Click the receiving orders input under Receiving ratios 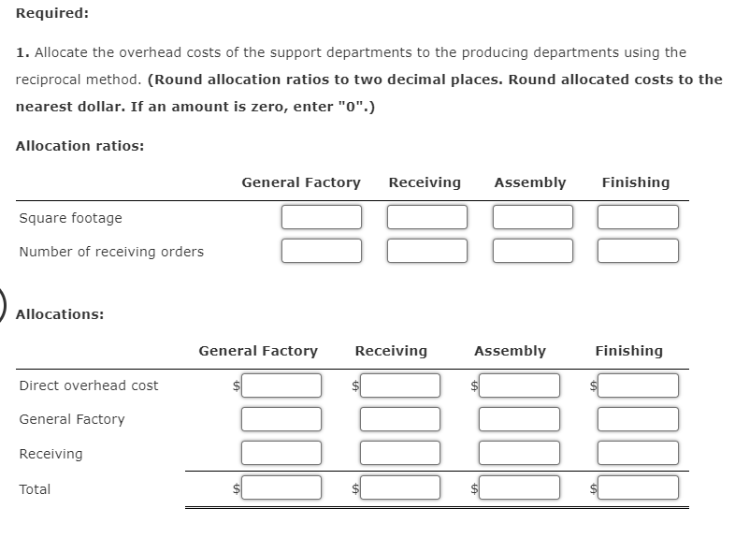[427, 251]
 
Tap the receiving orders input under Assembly [533, 251]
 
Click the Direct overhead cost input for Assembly [520, 385]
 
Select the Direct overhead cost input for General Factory [281, 385]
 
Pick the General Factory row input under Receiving [400, 419]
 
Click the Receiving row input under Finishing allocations [639, 453]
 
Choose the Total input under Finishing [639, 487]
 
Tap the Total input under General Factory [281, 487]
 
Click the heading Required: [52, 14]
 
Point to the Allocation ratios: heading [79, 146]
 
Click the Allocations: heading [60, 314]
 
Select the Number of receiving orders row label [111, 252]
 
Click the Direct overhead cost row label [89, 385]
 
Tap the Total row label [35, 489]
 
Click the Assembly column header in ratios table [529, 182]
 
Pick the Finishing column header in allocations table [628, 351]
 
